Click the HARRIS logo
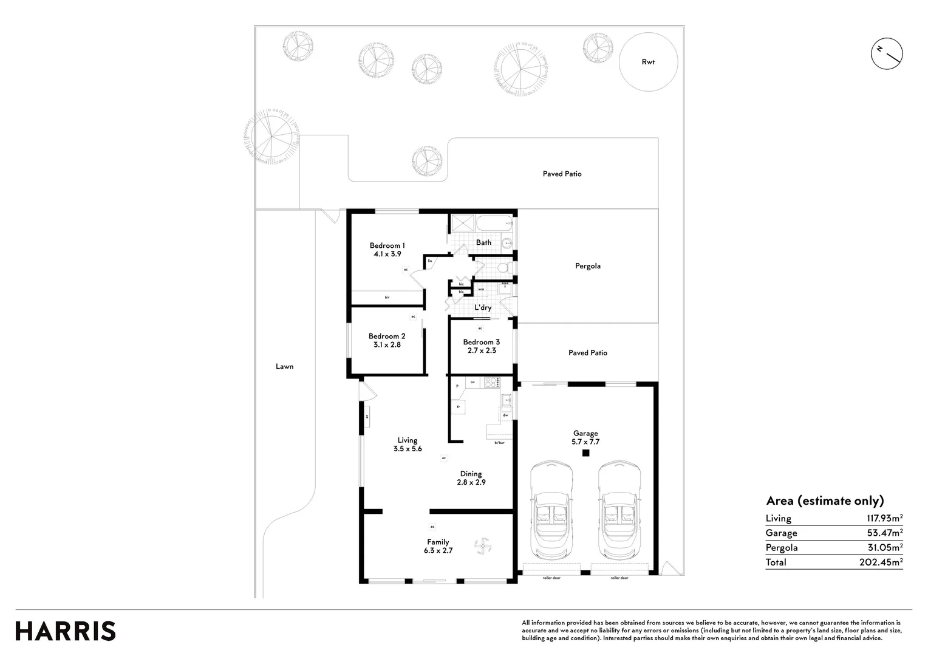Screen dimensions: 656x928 66,631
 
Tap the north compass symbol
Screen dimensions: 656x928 887,53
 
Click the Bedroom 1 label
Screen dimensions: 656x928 387,245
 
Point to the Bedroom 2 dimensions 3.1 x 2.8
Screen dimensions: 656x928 387,345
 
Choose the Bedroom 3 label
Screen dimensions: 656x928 481,342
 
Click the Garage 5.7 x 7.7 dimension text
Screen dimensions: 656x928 585,442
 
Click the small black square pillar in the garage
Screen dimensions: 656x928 586,453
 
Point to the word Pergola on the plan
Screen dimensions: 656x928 587,266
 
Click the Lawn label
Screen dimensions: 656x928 284,366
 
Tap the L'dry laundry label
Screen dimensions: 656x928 483,308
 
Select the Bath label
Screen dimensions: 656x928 483,242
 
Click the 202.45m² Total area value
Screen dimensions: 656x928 881,562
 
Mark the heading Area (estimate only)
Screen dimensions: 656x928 825,501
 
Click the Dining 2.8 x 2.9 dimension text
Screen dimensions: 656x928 471,482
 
